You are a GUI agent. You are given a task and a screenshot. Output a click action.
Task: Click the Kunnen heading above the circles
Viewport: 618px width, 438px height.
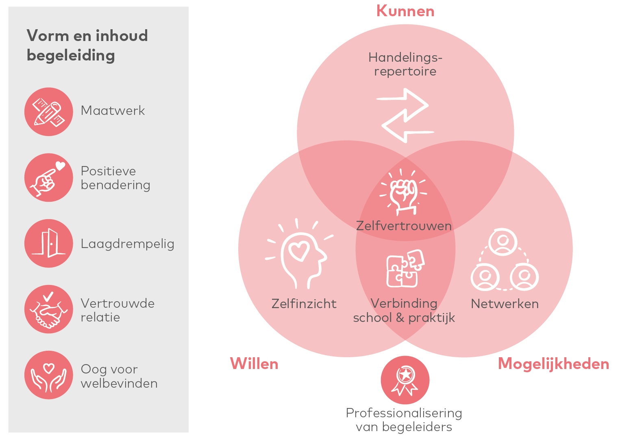tap(405, 11)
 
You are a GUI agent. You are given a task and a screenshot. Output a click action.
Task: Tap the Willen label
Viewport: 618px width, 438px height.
tap(254, 364)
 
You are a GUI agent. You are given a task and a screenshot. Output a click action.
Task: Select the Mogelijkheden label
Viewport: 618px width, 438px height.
tap(553, 364)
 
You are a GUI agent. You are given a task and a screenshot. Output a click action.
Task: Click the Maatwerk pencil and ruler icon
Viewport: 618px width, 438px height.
tap(49, 112)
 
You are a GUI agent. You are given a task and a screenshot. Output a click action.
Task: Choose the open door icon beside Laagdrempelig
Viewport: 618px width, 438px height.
tap(49, 244)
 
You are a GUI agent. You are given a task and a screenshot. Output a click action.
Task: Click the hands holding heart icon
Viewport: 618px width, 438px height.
tap(49, 375)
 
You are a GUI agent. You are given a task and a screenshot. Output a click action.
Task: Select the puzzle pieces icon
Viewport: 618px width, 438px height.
tap(405, 268)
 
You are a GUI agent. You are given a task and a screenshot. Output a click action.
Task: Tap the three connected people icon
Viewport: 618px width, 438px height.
tap(504, 260)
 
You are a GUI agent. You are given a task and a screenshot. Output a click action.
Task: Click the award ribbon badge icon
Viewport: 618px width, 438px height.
tap(405, 380)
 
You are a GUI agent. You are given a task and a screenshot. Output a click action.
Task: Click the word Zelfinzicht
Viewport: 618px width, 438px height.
tap(304, 304)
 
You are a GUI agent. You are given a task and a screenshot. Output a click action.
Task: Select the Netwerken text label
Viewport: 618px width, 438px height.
tap(505, 304)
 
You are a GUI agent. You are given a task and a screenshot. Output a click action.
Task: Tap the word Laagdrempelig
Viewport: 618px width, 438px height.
tap(127, 244)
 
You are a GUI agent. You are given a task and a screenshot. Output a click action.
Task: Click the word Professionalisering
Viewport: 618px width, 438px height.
tap(404, 413)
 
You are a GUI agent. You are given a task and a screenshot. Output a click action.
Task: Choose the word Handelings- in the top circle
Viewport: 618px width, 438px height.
tap(405, 58)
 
